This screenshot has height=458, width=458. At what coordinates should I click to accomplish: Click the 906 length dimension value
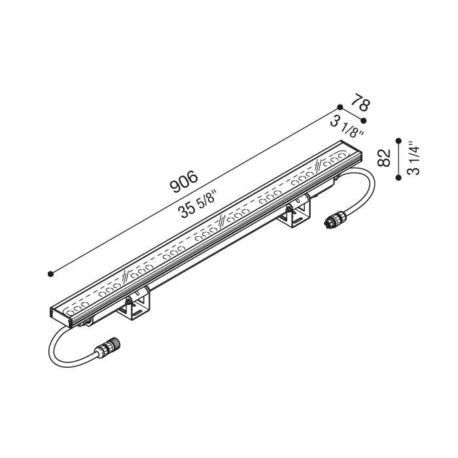[x=184, y=182]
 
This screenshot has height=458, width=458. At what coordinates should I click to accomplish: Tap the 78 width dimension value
[x=361, y=102]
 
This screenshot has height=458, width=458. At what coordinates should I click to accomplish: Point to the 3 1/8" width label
[x=347, y=126]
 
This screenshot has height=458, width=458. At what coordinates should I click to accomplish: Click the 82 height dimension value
[x=384, y=158]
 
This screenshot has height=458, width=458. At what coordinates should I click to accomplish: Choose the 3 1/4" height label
[x=414, y=158]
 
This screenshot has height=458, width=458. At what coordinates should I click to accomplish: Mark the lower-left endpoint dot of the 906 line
[x=50, y=274]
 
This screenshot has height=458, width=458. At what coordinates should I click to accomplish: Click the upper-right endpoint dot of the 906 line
[x=340, y=107]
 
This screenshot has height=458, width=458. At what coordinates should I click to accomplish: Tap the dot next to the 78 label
[x=363, y=120]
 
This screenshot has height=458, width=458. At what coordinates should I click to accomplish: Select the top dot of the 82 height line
[x=398, y=141]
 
